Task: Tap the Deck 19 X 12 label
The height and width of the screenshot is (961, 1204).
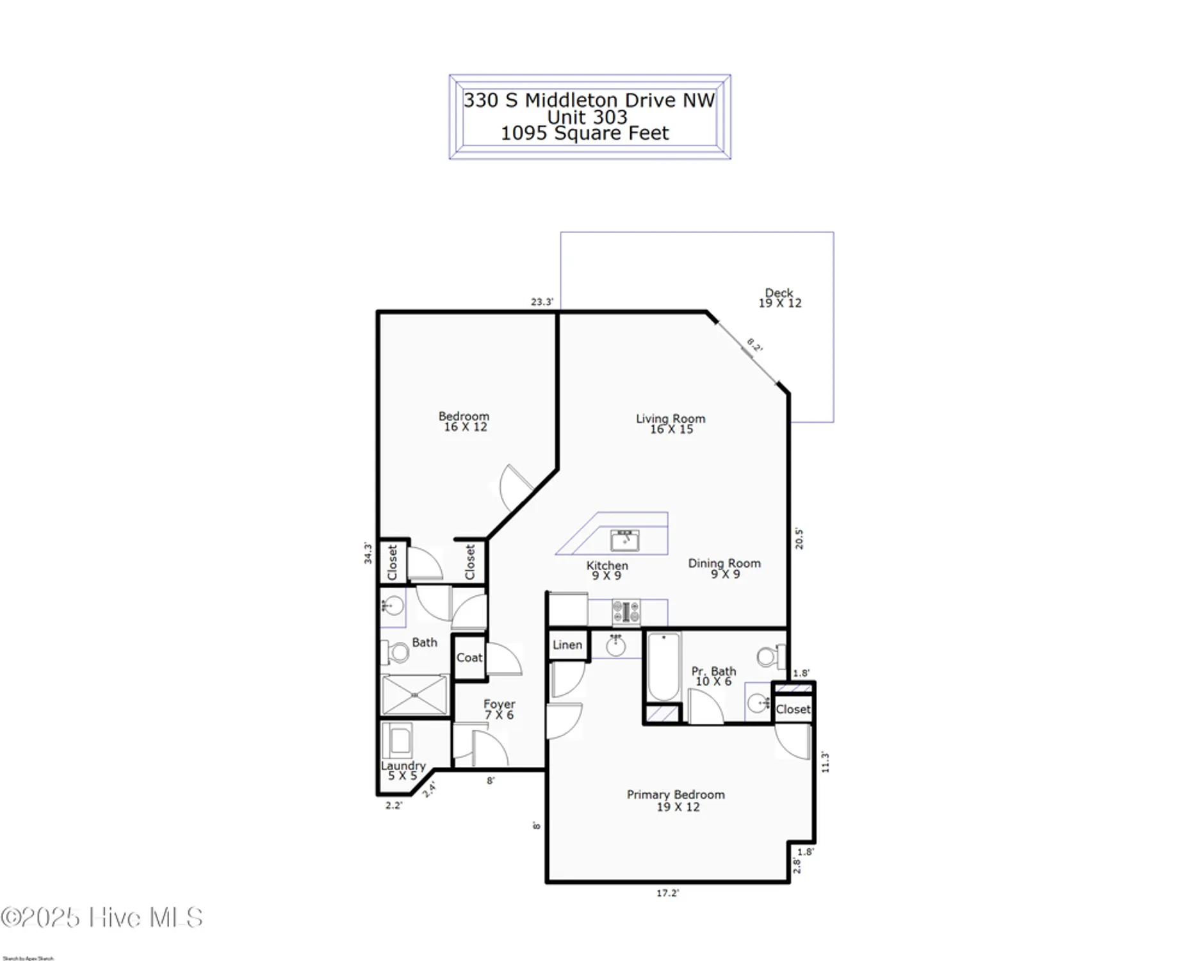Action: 779,298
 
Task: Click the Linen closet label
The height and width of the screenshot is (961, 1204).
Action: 567,645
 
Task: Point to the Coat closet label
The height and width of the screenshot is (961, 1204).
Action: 469,657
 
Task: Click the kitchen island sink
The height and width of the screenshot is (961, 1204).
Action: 624,541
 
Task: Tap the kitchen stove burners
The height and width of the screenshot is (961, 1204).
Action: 626,612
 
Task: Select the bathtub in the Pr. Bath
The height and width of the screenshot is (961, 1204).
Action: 663,666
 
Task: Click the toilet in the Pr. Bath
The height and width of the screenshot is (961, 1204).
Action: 767,656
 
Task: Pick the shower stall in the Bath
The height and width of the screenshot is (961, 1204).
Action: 414,694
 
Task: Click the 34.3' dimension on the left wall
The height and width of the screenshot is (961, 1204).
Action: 368,553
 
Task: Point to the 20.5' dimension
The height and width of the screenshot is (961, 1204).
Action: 799,538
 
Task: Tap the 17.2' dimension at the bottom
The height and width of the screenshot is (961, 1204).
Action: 667,893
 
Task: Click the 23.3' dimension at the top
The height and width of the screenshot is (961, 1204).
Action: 541,302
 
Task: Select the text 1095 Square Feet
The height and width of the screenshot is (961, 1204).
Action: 584,133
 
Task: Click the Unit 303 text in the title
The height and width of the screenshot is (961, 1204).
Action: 587,117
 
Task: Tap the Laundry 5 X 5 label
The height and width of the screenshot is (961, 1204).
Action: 403,771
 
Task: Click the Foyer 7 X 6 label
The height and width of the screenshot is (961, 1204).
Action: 499,709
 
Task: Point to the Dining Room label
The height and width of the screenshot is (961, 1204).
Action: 724,568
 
